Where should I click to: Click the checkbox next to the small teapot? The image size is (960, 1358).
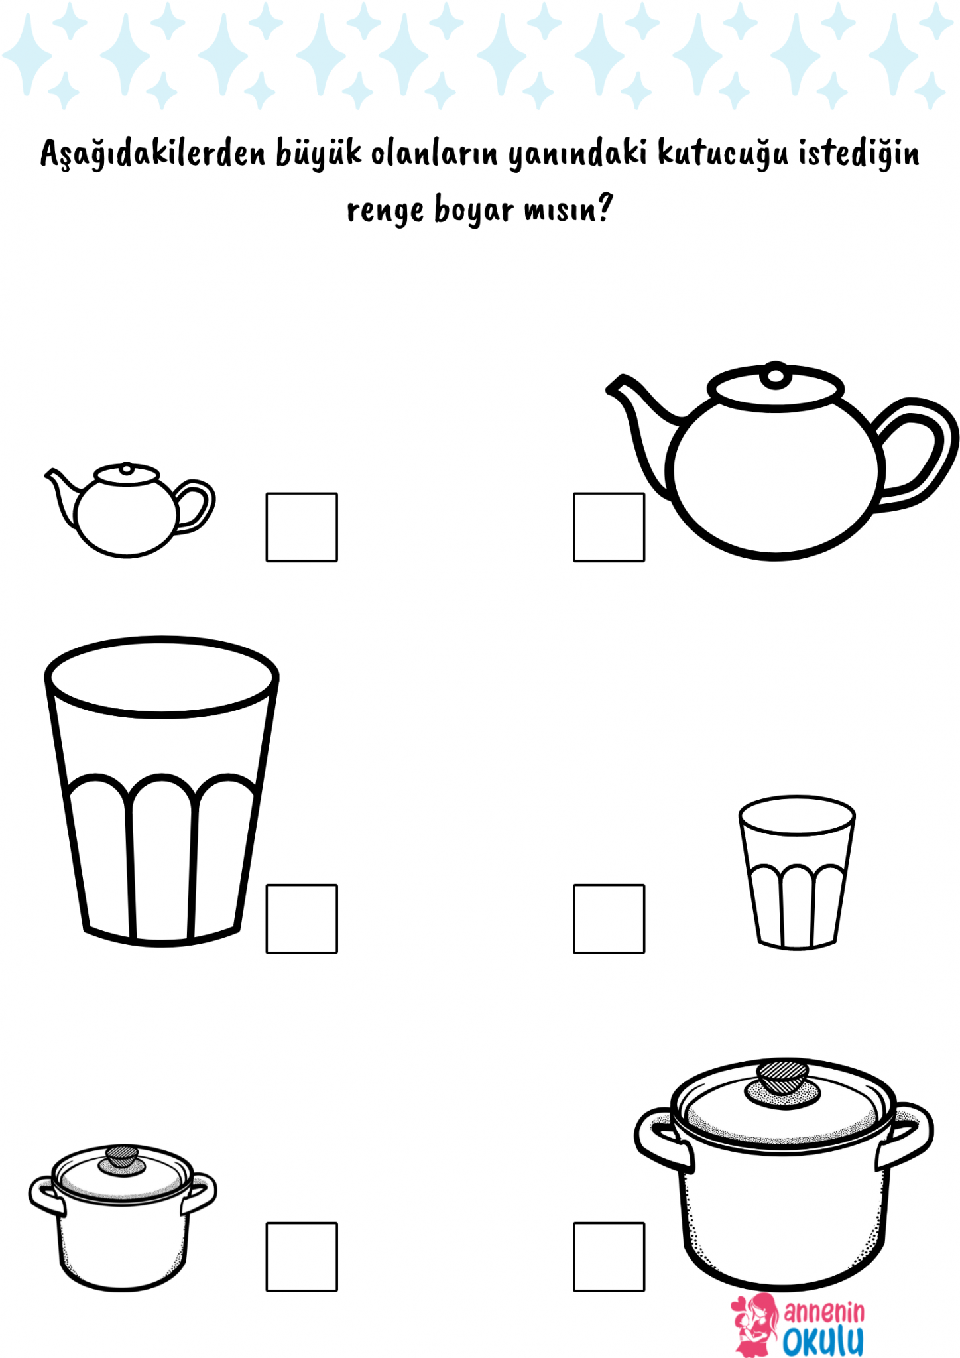point(302,527)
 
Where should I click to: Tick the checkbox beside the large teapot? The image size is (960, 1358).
point(609,527)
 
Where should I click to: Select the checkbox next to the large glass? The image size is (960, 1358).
point(302,918)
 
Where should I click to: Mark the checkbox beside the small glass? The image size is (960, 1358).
point(609,918)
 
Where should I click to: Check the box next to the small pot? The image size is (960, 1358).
point(302,1257)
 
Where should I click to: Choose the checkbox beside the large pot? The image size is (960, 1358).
point(609,1257)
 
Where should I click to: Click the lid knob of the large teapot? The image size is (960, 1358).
point(775,375)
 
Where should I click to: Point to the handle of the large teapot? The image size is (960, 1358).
point(918,454)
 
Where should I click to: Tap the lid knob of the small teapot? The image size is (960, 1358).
point(127,468)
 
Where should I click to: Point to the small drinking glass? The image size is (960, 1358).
point(797,872)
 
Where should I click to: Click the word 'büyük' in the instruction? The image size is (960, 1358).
point(319,153)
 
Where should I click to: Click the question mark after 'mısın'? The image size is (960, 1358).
point(604,208)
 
